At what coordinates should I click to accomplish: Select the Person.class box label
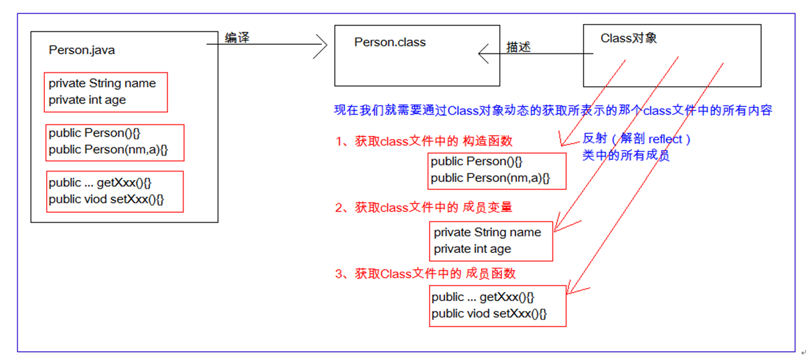[x=390, y=42]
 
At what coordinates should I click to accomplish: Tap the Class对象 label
[x=628, y=38]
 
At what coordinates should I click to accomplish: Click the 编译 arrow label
[x=237, y=37]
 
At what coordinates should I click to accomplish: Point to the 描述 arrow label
[x=519, y=47]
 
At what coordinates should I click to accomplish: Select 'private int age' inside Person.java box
[x=87, y=100]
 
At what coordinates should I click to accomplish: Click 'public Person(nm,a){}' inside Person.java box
[x=108, y=149]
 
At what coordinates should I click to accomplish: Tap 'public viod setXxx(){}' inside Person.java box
[x=106, y=199]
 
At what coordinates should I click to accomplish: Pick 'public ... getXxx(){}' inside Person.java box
[x=105, y=183]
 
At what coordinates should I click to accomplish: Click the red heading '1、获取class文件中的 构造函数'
[x=424, y=142]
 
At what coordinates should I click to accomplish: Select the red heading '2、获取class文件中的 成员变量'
[x=424, y=207]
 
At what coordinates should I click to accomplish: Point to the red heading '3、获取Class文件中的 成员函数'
[x=425, y=274]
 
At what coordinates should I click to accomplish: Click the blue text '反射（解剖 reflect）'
[x=637, y=139]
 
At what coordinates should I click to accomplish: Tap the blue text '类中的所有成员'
[x=626, y=156]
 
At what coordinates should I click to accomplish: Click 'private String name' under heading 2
[x=487, y=232]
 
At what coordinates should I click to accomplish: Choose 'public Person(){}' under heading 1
[x=477, y=161]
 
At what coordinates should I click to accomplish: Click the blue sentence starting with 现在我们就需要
[x=553, y=111]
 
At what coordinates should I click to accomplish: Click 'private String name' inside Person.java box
[x=102, y=84]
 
